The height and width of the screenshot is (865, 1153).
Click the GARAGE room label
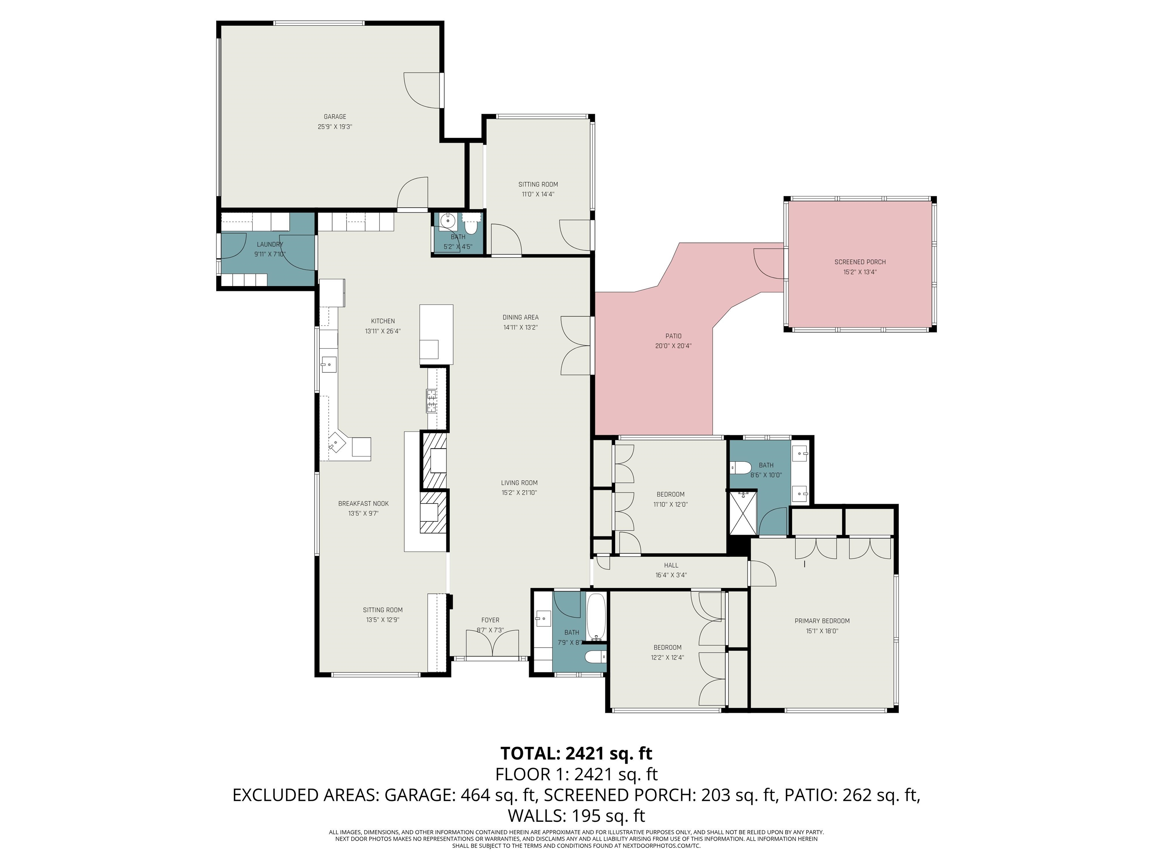(335, 117)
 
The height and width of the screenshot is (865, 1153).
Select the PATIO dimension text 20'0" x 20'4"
(673, 346)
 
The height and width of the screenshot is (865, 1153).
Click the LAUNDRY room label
(269, 244)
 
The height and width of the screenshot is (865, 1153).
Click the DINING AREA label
(520, 317)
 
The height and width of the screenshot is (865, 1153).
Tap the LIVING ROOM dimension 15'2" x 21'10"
(519, 492)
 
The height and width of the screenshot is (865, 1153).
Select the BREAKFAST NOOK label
(363, 504)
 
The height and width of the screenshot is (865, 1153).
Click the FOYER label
(490, 620)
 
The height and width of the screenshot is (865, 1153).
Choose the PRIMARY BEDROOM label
(822, 621)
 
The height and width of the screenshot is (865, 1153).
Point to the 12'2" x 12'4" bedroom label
(667, 648)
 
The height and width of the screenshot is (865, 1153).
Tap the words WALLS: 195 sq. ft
(576, 815)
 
